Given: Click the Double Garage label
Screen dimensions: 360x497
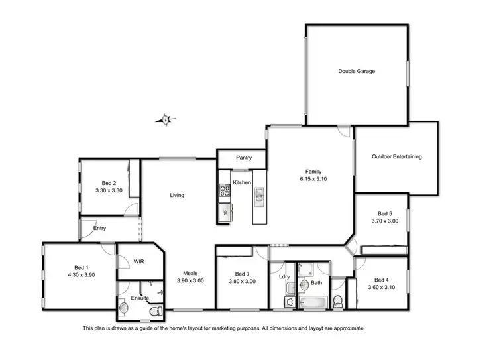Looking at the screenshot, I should point(357,71).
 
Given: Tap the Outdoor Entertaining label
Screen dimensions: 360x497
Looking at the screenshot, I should point(396,157).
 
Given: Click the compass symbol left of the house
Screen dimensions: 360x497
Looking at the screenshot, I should point(166,120).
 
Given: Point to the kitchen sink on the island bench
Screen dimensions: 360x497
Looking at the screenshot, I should point(259,194).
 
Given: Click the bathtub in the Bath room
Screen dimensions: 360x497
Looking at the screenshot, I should point(309,302).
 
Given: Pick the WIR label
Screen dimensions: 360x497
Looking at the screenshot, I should point(138,261).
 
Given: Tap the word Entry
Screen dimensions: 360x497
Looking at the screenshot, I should point(99,228).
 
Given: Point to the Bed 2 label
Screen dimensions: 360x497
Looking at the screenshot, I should point(109,183).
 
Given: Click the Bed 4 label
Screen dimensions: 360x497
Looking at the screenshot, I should point(382,279).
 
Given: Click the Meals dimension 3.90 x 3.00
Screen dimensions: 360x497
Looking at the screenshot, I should point(190,281).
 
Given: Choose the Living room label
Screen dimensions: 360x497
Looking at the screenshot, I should point(177,195).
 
